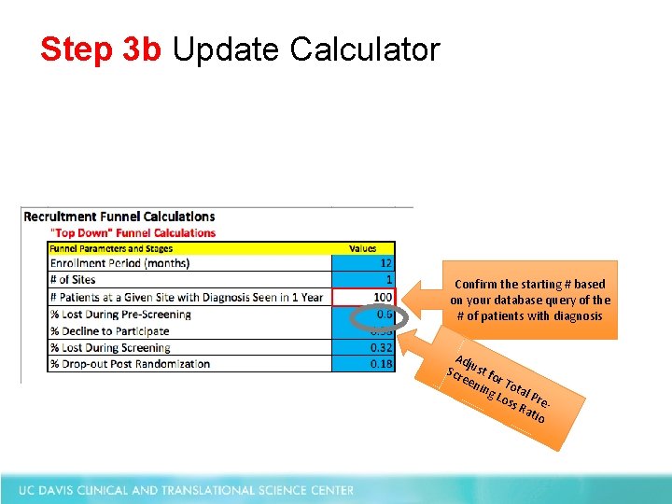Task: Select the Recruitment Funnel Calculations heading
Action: (x=119, y=217)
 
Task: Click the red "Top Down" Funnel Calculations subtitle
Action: (x=133, y=232)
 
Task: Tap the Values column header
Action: (x=363, y=248)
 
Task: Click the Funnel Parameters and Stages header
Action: (x=111, y=248)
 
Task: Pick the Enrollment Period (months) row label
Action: (x=119, y=263)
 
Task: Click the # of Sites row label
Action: (x=73, y=280)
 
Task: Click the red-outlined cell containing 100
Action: (x=365, y=297)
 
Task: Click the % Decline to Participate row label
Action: (x=109, y=330)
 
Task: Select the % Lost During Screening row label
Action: (x=110, y=347)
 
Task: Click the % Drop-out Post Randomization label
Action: (x=130, y=364)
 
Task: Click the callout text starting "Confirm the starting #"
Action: (x=530, y=300)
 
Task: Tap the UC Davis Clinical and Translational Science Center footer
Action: (x=188, y=489)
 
